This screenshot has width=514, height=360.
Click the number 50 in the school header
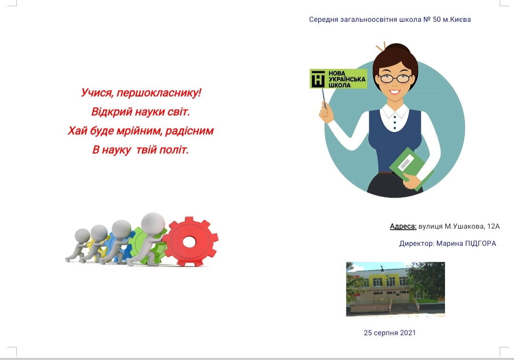[436, 19]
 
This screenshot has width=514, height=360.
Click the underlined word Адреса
[403, 226]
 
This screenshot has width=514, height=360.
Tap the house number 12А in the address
[494, 226]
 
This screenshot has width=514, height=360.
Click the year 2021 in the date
[408, 333]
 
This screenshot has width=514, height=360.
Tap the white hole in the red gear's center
[189, 242]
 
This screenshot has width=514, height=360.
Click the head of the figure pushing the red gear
[153, 224]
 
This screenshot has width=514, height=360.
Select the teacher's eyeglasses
[395, 78]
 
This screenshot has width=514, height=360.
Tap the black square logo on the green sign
[317, 79]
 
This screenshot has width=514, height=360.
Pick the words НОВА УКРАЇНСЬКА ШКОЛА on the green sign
[346, 79]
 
